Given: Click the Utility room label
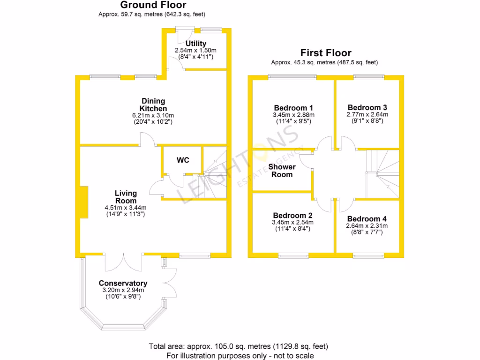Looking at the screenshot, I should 195,44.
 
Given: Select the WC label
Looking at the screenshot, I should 183,160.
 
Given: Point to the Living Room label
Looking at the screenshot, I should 126,197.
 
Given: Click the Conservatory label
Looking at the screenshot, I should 123,283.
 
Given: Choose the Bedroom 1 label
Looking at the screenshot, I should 293,107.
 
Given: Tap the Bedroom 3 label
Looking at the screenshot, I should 367,107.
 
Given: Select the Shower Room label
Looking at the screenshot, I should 282,171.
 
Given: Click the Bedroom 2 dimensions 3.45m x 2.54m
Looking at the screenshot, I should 293,222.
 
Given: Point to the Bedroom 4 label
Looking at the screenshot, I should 367,219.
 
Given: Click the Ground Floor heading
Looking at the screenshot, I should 153,5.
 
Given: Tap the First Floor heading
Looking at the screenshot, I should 326,53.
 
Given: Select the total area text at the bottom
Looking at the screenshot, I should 239,346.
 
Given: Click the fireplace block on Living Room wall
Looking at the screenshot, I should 83,202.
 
